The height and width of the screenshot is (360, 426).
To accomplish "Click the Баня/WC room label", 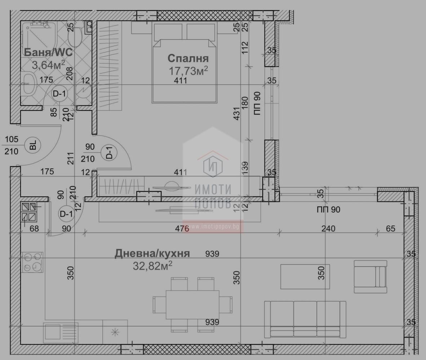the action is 48,52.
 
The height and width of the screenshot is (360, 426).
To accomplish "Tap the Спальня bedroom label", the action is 188,58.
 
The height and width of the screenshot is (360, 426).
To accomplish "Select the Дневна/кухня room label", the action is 152,253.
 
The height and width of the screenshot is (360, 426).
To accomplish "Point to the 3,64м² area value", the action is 48,65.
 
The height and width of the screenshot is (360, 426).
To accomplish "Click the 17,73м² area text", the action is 188,71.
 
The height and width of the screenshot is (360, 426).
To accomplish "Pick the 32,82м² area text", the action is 152,266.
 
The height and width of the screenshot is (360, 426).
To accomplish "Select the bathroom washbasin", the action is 28,84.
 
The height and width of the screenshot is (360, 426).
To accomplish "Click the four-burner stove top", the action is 32,262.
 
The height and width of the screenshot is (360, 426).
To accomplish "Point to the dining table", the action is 192,305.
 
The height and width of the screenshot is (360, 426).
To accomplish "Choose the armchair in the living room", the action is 370,277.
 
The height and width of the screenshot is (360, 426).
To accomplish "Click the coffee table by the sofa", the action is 305,277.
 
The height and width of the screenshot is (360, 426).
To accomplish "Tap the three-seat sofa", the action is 305,319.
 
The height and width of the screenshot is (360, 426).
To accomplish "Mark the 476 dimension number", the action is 182,229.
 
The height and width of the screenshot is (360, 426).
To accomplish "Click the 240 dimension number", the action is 328,229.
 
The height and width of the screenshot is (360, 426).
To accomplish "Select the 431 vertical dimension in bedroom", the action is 237,114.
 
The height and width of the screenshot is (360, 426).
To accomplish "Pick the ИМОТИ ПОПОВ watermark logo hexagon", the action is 213,166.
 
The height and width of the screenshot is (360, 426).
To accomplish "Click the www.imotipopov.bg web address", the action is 213,226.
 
